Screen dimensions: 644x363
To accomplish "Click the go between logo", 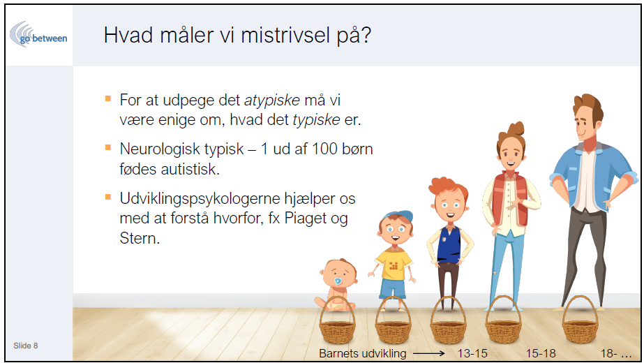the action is coord(38,35).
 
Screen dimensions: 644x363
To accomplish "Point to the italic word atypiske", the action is coord(272,101).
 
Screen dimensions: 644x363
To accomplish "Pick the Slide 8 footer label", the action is coord(25,346).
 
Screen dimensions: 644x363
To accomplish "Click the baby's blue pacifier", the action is coord(338,281).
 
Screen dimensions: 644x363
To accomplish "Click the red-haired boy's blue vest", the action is coord(449,244).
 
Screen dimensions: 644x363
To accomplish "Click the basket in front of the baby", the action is coord(337,323).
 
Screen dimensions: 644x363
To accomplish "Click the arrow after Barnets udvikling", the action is coord(428,353).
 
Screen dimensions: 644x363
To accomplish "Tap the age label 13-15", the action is coord(472,353).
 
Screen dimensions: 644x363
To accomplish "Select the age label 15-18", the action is coord(541,353).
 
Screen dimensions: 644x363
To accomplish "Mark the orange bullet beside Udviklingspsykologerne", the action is coord(108,197).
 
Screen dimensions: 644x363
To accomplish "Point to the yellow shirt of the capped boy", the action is coord(394,265).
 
